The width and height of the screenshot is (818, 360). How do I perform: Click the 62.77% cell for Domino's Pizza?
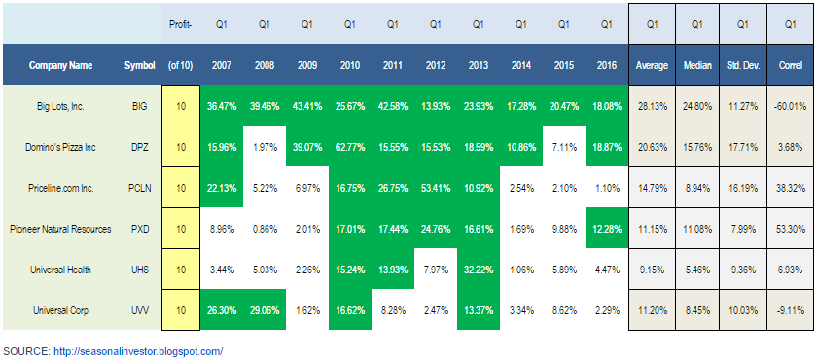coord(350,147)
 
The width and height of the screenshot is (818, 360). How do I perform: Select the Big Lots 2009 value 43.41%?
coord(307,106)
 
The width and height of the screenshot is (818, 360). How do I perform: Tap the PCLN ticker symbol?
coord(140,188)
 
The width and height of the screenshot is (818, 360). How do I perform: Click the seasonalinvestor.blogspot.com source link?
coord(138,351)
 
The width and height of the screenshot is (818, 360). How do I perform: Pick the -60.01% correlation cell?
coord(788,106)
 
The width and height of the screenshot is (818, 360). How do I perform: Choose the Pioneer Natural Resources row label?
coord(61,229)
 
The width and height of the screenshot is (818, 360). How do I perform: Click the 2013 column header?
coord(479,66)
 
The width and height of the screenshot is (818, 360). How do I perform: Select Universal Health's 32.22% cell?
coord(479,270)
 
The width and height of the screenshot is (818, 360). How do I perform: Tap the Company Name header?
coord(60,66)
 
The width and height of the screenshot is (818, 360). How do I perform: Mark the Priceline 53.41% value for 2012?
coord(436,188)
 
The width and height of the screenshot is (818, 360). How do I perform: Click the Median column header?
coord(696,66)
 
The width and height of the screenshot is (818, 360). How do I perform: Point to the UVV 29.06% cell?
coord(265,310)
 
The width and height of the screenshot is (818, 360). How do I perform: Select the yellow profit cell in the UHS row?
coord(181,270)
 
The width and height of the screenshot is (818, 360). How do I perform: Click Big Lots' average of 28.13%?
coord(652,106)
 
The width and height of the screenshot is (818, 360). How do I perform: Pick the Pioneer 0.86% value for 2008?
coord(265,229)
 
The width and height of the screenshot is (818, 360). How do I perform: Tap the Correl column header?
coord(788,66)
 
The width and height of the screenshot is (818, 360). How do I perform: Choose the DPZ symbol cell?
coord(140,147)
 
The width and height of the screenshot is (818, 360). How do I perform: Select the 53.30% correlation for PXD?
coord(788,229)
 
